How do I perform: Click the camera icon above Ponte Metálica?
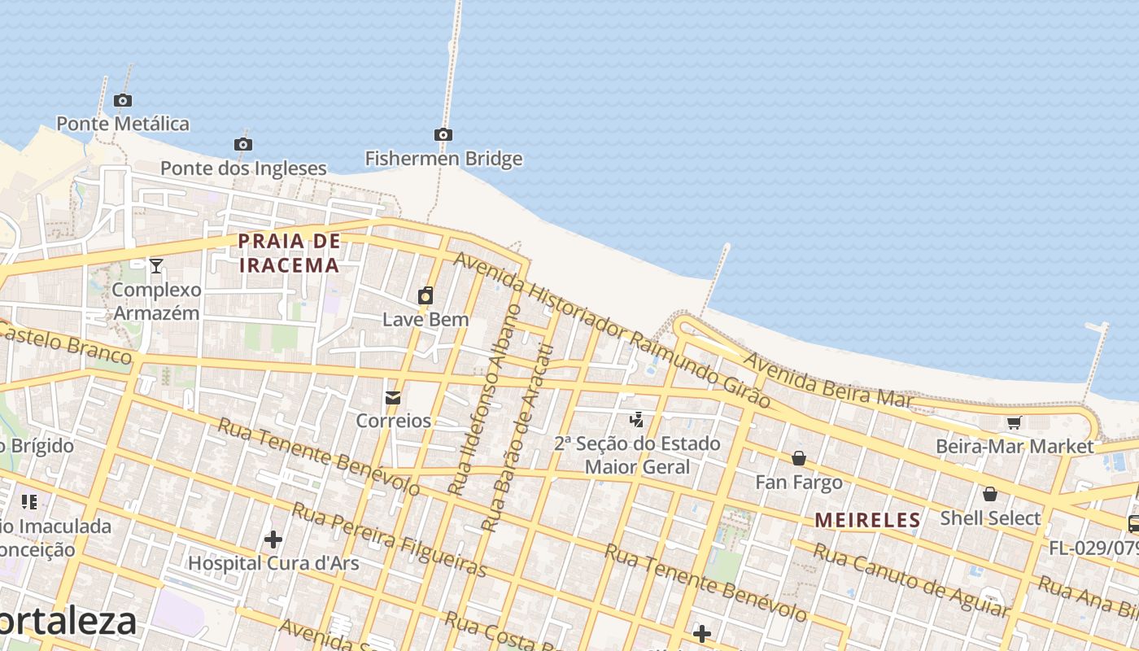coord(123,101)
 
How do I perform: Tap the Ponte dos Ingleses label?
coord(243,168)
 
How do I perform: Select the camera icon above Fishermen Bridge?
coord(443,135)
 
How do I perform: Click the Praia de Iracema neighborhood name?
coord(289,253)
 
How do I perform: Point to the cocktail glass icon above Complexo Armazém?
coord(155,265)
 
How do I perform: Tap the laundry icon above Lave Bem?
coord(425,295)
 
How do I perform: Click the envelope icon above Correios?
coord(393,398)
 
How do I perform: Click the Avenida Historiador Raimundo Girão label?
coord(611,329)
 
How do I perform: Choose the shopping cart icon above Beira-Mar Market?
coord(1014,422)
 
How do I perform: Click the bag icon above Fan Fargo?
coord(799,458)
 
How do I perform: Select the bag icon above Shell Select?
coord(990,494)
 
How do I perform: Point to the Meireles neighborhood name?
coord(867,520)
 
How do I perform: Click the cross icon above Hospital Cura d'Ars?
coord(273,539)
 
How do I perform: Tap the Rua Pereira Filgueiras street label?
coord(389,540)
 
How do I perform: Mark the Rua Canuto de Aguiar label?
coord(911,580)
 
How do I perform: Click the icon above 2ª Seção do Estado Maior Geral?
coord(637,420)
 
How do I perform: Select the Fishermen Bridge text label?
coord(443,159)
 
